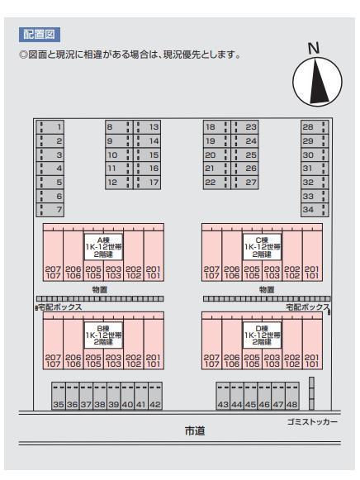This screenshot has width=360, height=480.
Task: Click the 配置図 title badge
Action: point(40,35)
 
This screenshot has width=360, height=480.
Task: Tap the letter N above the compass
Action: point(314,49)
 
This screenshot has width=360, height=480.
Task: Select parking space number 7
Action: point(50,210)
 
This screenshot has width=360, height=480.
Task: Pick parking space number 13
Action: point(147,127)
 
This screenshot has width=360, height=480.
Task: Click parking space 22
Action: point(216,183)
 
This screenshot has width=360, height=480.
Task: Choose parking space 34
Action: point(315,210)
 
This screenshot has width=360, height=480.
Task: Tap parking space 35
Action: point(59,396)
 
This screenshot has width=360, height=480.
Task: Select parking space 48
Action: point(292,396)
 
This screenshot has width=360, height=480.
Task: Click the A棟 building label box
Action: point(103,247)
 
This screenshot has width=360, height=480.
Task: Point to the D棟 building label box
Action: point(262,335)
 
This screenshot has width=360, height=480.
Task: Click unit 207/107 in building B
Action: point(53,344)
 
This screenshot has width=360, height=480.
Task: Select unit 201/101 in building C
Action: point(312,255)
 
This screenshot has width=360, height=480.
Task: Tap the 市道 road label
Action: point(195,431)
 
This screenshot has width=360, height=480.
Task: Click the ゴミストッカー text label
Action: point(312,422)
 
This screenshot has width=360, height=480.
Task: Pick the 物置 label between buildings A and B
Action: point(100,290)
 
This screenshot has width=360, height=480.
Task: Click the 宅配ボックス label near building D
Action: point(308,307)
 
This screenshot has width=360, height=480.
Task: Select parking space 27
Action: point(245,183)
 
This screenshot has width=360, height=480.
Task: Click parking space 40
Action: point(127,396)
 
